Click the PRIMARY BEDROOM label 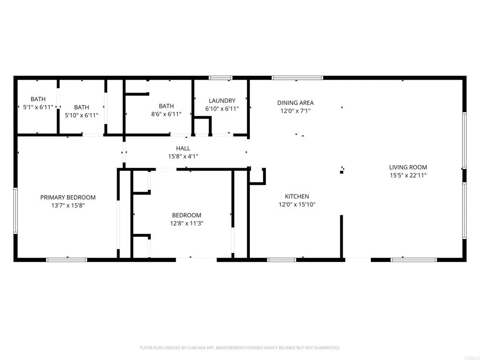(x=68, y=197)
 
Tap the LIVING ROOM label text (x=408, y=167)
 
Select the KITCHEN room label (x=297, y=196)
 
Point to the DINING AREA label (x=295, y=103)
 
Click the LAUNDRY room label (x=222, y=101)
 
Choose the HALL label (x=183, y=149)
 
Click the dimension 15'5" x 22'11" (x=408, y=175)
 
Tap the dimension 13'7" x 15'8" (x=68, y=205)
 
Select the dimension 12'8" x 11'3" (x=187, y=223)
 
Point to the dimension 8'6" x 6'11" (x=166, y=114)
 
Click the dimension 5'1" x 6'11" (x=38, y=107)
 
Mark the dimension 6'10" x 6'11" (x=222, y=109)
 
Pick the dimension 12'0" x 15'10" (x=297, y=204)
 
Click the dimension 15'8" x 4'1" (x=183, y=157)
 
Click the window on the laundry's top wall (x=220, y=78)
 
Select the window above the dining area (x=297, y=78)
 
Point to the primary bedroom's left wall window (x=15, y=210)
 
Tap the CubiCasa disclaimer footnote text (x=240, y=348)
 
